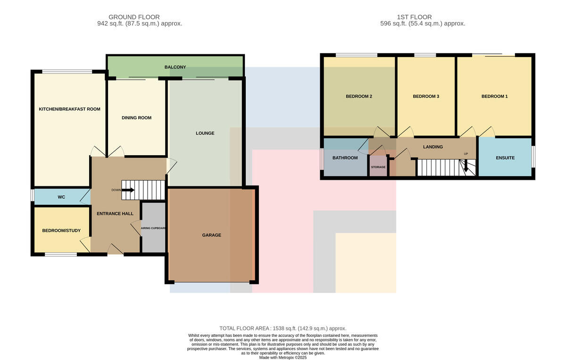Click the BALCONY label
175,67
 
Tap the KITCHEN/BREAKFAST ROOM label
69,109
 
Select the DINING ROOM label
136,118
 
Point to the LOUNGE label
205,133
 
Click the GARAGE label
211,235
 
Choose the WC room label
61,197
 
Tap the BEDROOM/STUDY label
61,231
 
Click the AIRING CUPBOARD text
153,228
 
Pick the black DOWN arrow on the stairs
128,190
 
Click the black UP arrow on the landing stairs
466,167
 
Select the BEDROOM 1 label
494,96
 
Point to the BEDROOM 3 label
426,96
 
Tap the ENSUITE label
505,158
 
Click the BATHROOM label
345,158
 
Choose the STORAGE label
378,167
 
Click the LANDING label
433,147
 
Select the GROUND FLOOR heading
134,17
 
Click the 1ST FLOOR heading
414,17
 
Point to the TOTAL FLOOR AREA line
283,328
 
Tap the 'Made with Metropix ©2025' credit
283,358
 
